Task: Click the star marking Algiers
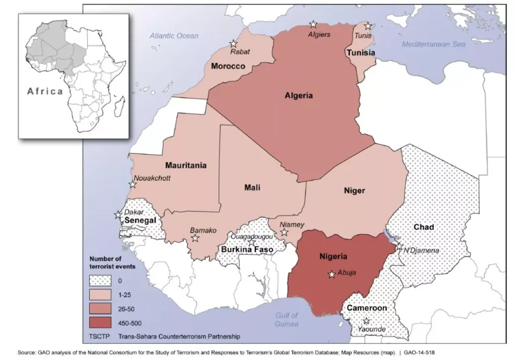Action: (312, 25)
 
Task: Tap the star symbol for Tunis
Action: (367, 26)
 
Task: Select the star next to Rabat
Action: (233, 42)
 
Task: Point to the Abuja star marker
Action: (331, 274)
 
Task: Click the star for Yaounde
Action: (366, 321)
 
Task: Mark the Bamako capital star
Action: (196, 238)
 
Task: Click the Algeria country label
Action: (298, 96)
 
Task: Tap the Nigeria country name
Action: (333, 256)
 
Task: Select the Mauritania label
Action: (186, 165)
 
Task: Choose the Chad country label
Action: (423, 227)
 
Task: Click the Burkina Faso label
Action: (246, 250)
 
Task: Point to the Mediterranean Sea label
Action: (433, 44)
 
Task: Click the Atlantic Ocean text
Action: (174, 36)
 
